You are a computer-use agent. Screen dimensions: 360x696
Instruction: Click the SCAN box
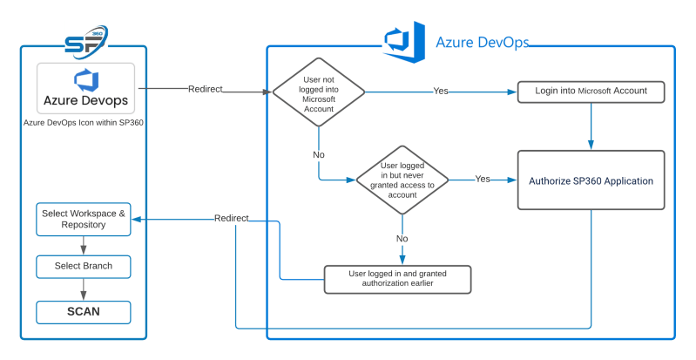(x=84, y=311)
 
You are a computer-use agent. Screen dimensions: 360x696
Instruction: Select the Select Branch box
(x=84, y=265)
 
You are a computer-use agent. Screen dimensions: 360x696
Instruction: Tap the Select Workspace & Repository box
(x=84, y=219)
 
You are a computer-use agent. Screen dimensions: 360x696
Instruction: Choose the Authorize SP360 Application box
(x=591, y=180)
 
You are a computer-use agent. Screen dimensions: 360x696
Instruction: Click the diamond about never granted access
(x=402, y=180)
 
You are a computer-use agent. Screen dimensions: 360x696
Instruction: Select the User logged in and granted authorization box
(x=397, y=278)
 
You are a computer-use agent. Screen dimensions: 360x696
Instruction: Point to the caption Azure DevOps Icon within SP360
(x=84, y=122)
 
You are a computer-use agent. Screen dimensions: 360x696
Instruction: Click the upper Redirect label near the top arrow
(x=206, y=89)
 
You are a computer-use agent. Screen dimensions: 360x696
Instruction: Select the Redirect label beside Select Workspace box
(x=232, y=218)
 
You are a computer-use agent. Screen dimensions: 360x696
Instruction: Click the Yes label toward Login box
(x=441, y=92)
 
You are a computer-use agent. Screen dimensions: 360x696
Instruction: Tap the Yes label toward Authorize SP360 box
(x=482, y=179)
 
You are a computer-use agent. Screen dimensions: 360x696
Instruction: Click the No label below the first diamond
(x=319, y=153)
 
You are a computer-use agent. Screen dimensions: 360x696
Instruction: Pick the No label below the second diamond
(x=402, y=238)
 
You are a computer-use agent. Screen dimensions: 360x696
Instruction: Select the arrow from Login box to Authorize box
(x=591, y=126)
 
